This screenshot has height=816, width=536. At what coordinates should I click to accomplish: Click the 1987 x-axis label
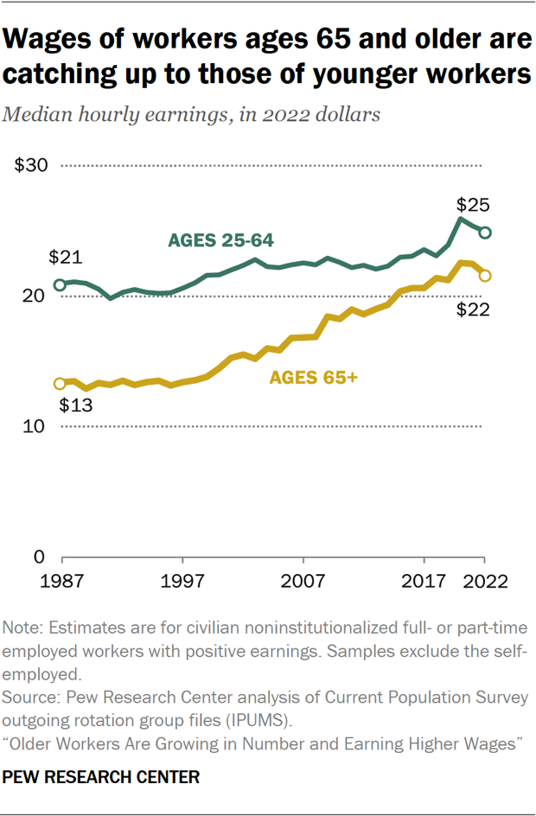tap(61, 579)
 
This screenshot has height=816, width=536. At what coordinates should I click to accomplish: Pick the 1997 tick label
tap(182, 579)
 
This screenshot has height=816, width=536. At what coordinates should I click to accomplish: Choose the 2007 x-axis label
tap(303, 579)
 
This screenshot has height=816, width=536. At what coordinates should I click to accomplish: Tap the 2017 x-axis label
tap(424, 579)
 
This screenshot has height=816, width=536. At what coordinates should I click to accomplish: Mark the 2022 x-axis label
tap(485, 579)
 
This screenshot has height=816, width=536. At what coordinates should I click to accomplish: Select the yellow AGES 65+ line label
tap(313, 378)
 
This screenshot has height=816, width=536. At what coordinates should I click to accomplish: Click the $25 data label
tap(474, 206)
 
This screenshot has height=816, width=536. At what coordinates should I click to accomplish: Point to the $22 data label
tap(474, 309)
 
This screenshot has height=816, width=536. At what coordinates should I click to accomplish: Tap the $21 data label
tap(65, 257)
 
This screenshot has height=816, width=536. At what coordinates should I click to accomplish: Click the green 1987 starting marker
tap(60, 284)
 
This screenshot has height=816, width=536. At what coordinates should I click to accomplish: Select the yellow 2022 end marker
tap(486, 276)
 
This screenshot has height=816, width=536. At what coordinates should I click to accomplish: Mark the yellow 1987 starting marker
tap(60, 384)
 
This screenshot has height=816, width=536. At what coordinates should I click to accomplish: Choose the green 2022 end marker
tap(486, 233)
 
